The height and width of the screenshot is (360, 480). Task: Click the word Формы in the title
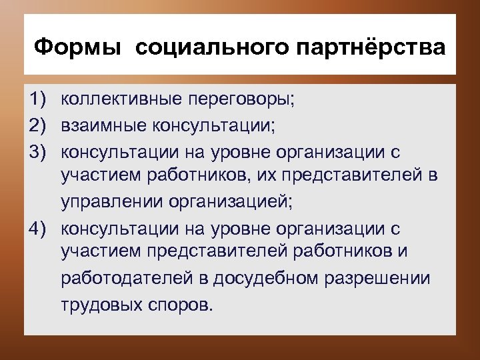[77, 48]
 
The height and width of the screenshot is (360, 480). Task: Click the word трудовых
[98, 305]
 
